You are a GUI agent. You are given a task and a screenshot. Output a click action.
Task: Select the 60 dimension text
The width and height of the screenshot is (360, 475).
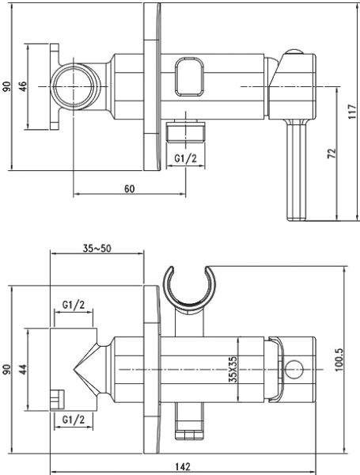[129, 188]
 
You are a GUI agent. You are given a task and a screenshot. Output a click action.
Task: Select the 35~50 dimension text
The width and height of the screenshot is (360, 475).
[97, 247]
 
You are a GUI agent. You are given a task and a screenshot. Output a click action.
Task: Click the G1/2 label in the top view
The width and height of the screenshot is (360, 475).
[184, 159]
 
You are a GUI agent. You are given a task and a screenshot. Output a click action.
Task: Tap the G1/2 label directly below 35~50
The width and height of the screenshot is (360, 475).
[74, 305]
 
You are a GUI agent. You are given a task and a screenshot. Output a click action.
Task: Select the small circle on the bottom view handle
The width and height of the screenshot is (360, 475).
[296, 369]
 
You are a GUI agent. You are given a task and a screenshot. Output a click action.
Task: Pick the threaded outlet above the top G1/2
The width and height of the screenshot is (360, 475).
[185, 131]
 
